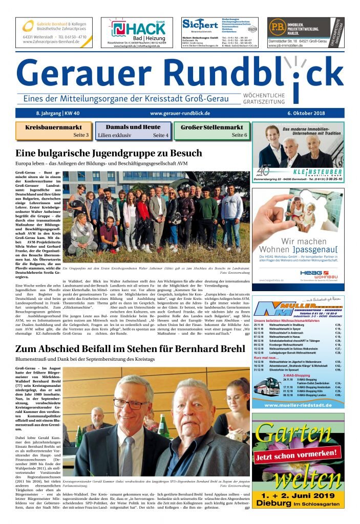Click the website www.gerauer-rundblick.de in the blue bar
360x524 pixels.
180,113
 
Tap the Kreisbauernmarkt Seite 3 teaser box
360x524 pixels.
53,131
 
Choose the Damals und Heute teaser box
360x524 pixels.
133,131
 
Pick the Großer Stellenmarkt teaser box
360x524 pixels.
211,131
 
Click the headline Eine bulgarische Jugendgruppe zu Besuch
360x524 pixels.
109,153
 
